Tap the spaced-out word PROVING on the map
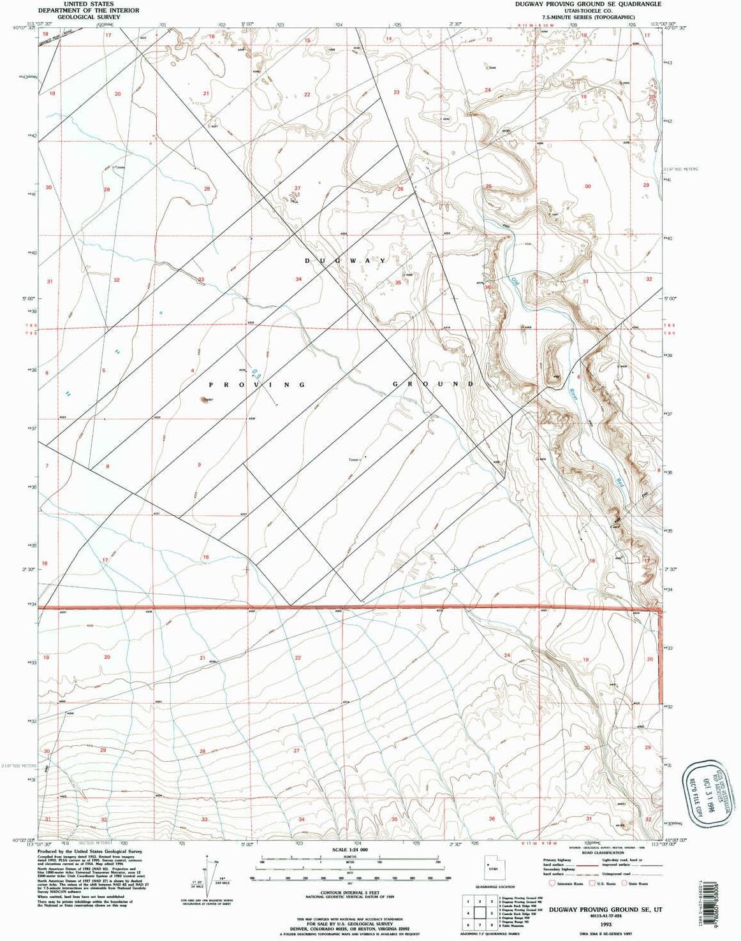258,384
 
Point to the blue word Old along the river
514,280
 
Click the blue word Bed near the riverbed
618,483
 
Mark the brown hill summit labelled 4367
205,400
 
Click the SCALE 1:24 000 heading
350,850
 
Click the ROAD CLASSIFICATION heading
603,852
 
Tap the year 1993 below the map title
605,923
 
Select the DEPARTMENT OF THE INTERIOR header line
89,10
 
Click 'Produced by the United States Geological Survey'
89,851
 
